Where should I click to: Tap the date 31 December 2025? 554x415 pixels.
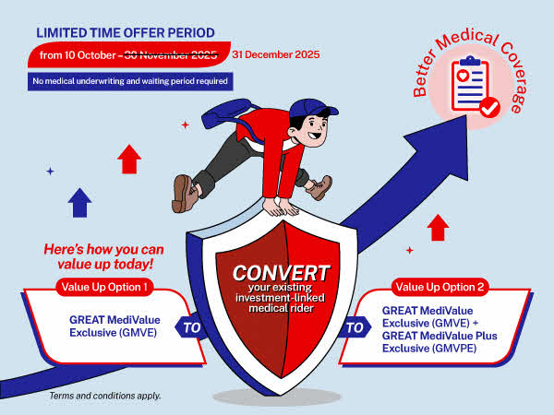pos(276,54)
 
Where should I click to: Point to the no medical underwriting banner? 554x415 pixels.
pos(128,80)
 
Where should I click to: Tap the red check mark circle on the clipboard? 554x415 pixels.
pos(489,108)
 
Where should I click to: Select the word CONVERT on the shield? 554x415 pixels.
pos(280,273)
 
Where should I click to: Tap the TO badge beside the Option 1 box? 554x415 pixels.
pos(190,326)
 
